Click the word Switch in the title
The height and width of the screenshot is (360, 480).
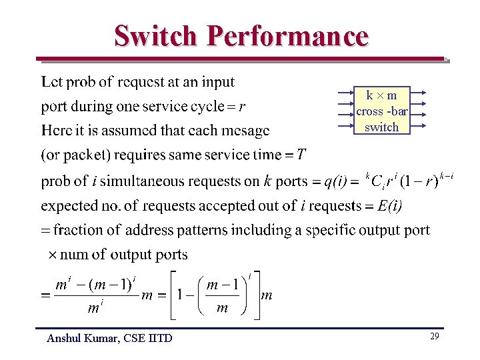point(156,36)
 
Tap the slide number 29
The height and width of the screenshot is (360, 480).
point(434,337)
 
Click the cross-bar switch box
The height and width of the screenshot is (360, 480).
point(381,111)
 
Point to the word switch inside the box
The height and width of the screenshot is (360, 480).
point(381,127)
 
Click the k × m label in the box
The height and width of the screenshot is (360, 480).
point(381,95)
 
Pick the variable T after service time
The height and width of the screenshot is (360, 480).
point(301,155)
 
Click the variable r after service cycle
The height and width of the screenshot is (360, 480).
point(241,107)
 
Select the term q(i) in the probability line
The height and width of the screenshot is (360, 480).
point(335,181)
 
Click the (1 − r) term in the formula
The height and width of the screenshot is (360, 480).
point(418,181)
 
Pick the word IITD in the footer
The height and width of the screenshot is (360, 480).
point(159,338)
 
